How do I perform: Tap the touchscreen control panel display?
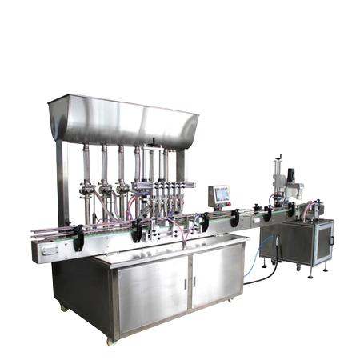coord(220,194)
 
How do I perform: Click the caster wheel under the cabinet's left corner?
coord(64,307)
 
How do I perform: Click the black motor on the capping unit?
coord(291,174)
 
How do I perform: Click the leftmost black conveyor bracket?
coord(79,237)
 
